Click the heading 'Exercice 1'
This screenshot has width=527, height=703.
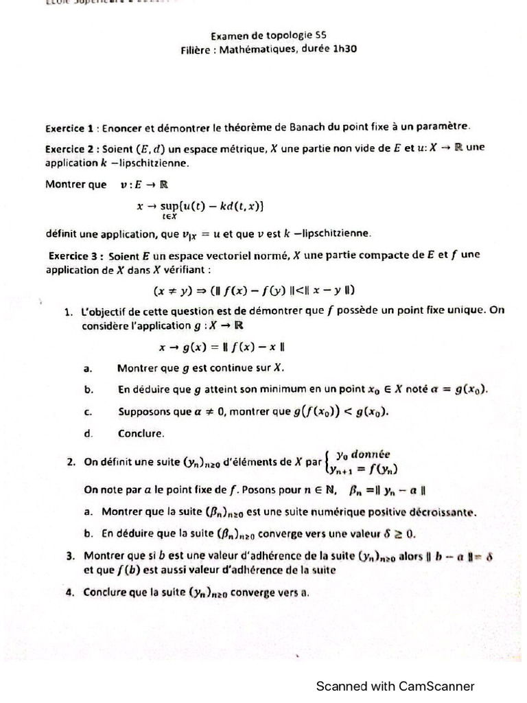coord(69,128)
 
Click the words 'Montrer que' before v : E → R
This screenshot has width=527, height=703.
coord(75,184)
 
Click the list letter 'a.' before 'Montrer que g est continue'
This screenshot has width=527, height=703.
coord(87,369)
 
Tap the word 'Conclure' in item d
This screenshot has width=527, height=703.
coord(141,434)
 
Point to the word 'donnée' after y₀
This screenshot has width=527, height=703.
coord(371,454)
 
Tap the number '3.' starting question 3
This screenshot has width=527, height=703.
coord(70,555)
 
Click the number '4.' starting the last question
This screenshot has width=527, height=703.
coord(70,591)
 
